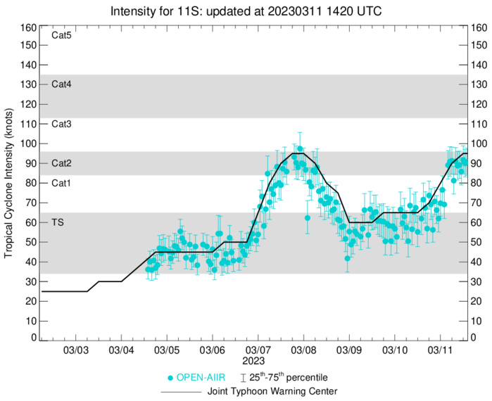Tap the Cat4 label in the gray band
click(62, 84)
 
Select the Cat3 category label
click(62, 124)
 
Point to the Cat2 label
click(62, 163)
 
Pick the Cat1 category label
click(62, 183)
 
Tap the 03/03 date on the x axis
click(76, 350)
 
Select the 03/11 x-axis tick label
click(440, 350)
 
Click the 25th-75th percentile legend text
click(290, 378)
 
